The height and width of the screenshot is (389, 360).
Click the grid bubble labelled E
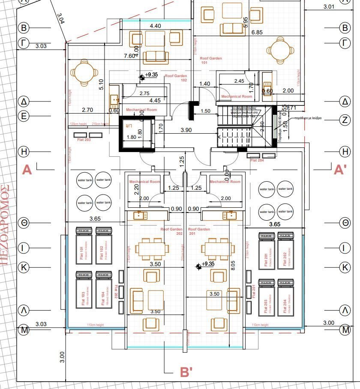pos(24,116)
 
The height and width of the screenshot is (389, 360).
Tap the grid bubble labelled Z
pos(345,120)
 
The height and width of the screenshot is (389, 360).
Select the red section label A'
pos(340,170)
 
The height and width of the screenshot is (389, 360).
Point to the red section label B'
pos(186,372)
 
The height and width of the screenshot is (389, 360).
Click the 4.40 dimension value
pos(155,26)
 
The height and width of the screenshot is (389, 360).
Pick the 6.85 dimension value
pos(257,33)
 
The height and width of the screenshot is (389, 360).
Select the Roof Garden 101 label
pos(210,60)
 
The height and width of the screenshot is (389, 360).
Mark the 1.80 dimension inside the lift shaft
pos(132,138)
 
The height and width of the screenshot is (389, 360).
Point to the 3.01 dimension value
pos(329,6)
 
